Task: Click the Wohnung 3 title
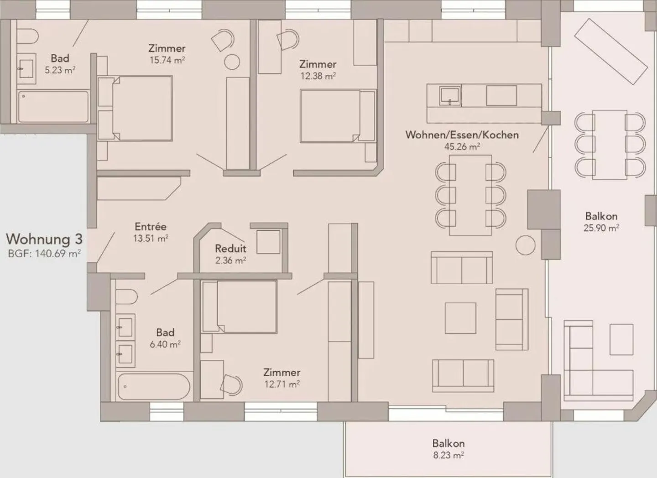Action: (x=44, y=239)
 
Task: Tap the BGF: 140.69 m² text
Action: (x=44, y=254)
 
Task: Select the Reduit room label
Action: (x=230, y=249)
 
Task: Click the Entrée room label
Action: (x=151, y=227)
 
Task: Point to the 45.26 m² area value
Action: (x=462, y=146)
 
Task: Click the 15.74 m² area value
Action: (x=167, y=60)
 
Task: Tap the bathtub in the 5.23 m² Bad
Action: (x=53, y=107)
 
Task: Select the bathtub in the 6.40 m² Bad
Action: (x=153, y=387)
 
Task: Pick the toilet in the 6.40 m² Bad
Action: (x=126, y=297)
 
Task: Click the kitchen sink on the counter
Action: (x=450, y=96)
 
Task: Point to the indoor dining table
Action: (x=470, y=195)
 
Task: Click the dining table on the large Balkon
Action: (x=610, y=145)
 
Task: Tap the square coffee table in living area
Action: (x=460, y=318)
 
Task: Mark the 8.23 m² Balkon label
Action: (x=448, y=443)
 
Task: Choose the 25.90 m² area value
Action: (x=601, y=228)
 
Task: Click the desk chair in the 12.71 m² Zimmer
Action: (x=232, y=385)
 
